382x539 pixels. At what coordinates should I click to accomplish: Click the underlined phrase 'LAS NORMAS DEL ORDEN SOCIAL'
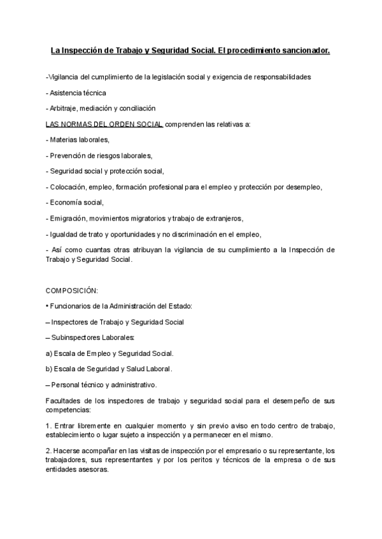point(104,124)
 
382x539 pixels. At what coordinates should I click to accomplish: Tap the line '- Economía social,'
point(74,202)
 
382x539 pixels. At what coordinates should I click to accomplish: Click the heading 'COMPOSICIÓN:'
point(72,290)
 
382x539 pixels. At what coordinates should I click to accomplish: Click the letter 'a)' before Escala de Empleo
point(50,353)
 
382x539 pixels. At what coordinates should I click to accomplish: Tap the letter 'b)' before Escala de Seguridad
point(50,369)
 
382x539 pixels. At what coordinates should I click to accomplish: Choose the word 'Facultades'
point(62,400)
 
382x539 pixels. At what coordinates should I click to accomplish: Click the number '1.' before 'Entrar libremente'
point(49,425)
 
